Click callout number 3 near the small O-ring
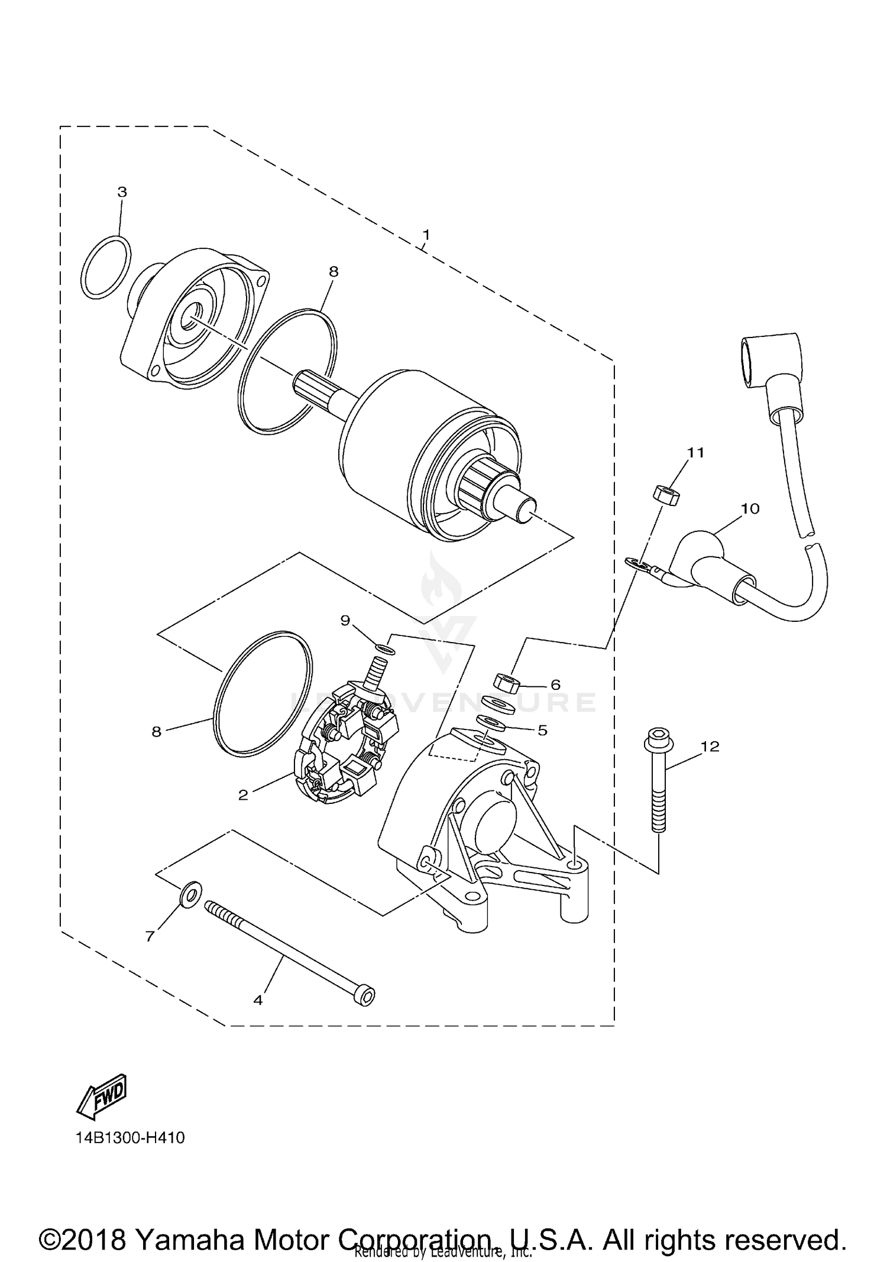[x=122, y=192]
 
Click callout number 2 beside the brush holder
[x=243, y=795]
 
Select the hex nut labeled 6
[x=506, y=684]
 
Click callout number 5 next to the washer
[x=542, y=730]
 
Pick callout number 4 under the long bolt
[x=258, y=1000]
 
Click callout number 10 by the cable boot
[x=750, y=508]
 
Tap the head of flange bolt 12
[x=655, y=738]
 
